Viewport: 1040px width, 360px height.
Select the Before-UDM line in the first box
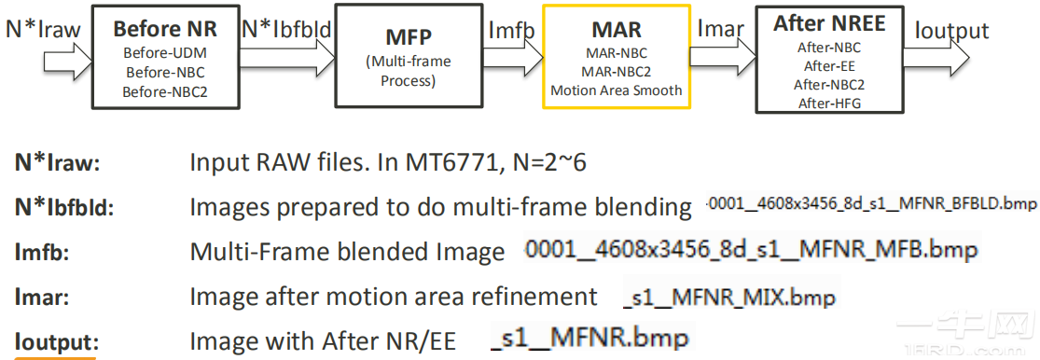[165, 52]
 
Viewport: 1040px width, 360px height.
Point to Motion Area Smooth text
[616, 90]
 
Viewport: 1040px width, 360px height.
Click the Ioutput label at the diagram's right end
[951, 30]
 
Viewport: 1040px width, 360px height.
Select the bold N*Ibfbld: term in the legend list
[62, 207]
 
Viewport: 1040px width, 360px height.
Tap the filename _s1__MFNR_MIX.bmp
[728, 298]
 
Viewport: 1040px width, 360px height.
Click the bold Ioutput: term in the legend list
[56, 342]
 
